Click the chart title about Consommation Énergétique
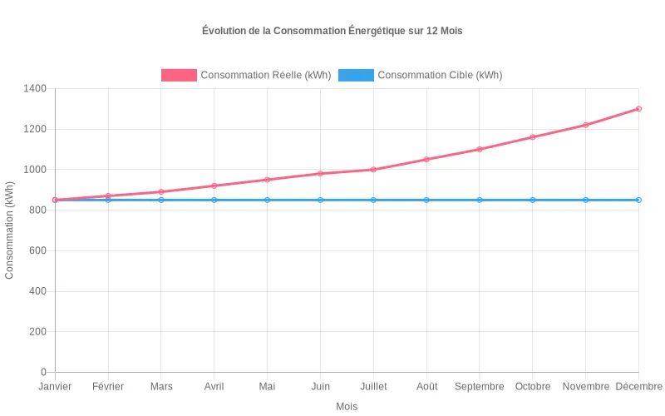[x=332, y=31]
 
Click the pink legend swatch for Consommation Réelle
[x=179, y=75]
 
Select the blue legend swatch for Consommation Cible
[x=356, y=75]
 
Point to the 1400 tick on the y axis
[x=34, y=89]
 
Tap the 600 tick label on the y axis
[x=37, y=250]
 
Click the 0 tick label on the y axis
[x=44, y=372]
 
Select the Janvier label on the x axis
[x=55, y=387]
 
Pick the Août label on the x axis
[x=426, y=387]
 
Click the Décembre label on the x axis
[x=638, y=387]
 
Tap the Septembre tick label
[x=480, y=387]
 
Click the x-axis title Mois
[x=347, y=407]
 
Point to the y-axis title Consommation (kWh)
[x=10, y=230]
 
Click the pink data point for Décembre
[x=638, y=109]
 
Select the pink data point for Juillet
[x=373, y=170]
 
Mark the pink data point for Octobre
[x=533, y=137]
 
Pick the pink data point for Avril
[x=214, y=186]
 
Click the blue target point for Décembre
[x=638, y=200]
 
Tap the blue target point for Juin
[x=320, y=200]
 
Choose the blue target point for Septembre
[x=480, y=200]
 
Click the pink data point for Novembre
[x=585, y=125]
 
